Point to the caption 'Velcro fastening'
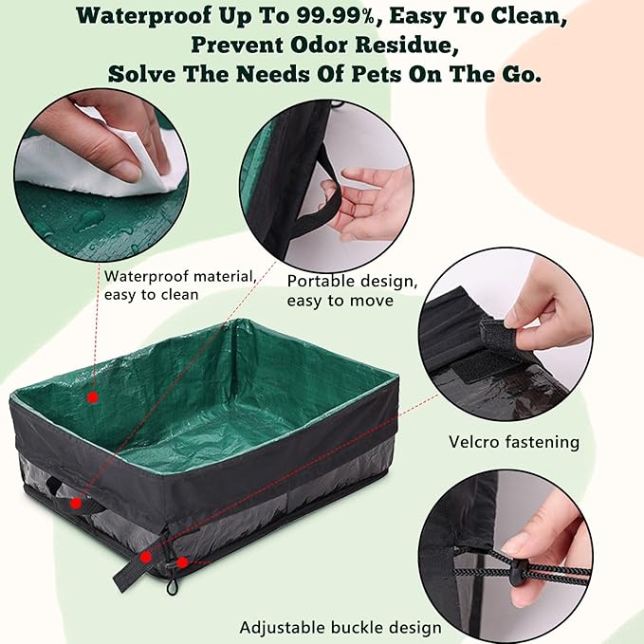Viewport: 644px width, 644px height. coord(513,442)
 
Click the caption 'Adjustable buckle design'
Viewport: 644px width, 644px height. coord(340,627)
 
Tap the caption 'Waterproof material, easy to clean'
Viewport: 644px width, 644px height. coord(179,285)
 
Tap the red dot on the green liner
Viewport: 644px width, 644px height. coord(93,396)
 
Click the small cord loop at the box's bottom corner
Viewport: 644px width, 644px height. coord(172,586)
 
